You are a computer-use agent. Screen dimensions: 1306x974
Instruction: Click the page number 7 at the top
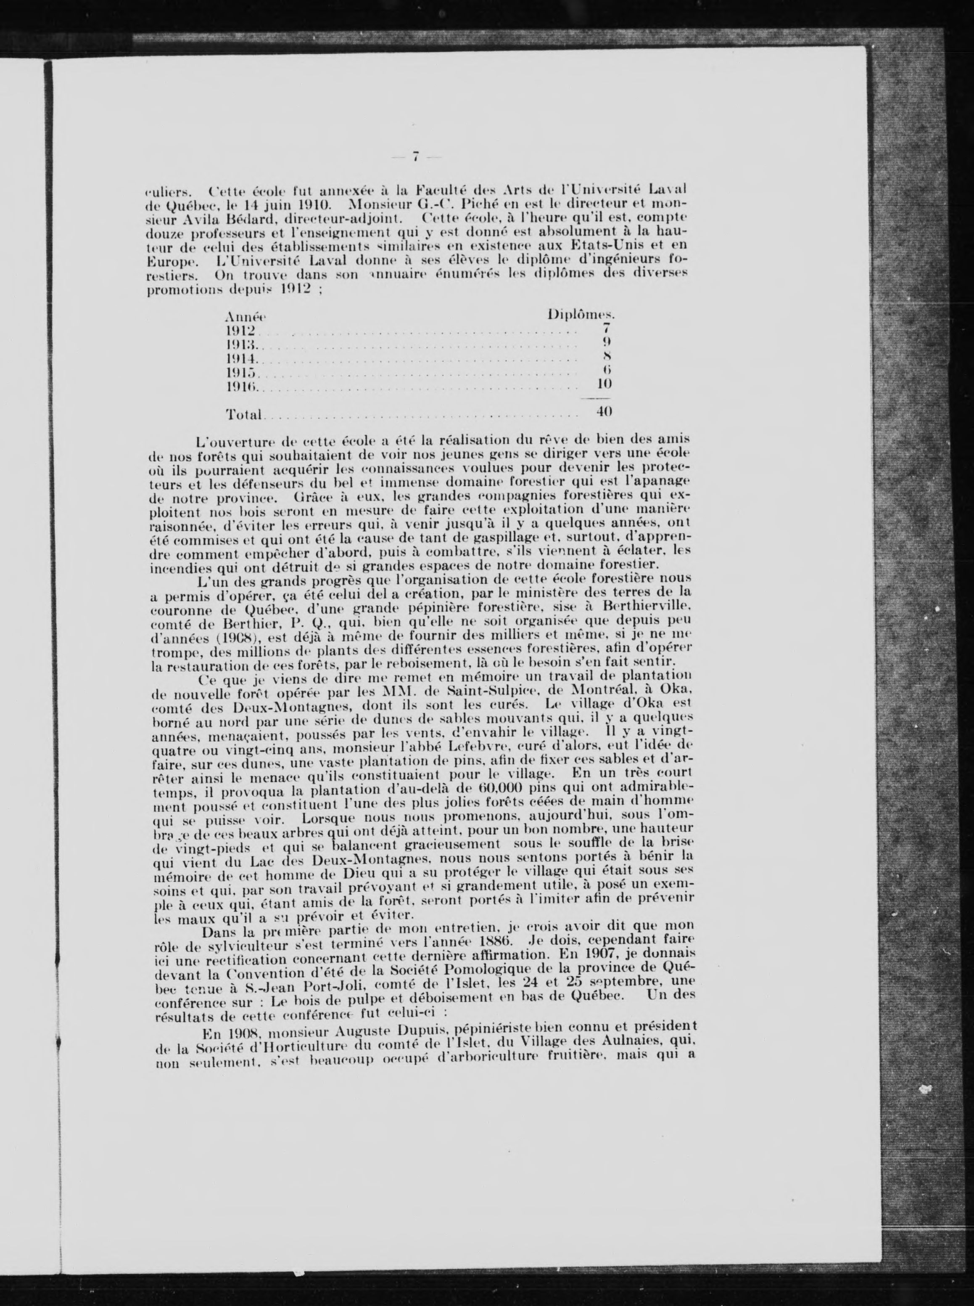click(416, 157)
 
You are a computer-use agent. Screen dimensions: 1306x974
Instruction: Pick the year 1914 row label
click(242, 358)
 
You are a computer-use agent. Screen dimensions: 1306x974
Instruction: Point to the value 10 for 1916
click(603, 384)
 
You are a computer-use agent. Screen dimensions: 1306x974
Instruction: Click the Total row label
click(243, 415)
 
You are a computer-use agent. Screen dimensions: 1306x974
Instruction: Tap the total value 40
click(603, 411)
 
